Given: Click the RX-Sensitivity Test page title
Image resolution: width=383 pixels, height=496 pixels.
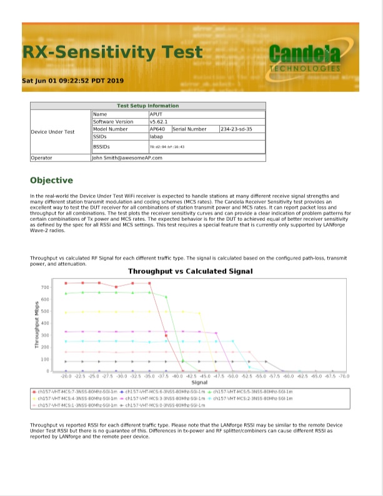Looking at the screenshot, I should click(112, 51).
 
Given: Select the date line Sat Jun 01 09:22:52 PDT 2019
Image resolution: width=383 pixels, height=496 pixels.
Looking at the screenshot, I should click(73, 81).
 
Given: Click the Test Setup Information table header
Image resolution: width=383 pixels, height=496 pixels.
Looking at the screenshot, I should click(147, 106).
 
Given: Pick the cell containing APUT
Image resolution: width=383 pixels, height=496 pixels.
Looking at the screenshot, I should click(157, 114).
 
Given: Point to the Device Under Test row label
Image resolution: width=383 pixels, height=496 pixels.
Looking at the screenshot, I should click(52, 132).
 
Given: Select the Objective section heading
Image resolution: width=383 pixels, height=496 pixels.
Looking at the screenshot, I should click(51, 180).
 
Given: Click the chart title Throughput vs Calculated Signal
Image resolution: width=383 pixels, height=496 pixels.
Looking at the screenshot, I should click(190, 271).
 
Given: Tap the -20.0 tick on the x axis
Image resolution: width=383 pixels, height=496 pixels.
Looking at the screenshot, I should click(66, 377).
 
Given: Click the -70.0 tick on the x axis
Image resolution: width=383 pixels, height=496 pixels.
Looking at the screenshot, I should click(344, 377).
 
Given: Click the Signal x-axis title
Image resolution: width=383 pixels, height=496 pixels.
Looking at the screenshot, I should click(199, 382).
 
